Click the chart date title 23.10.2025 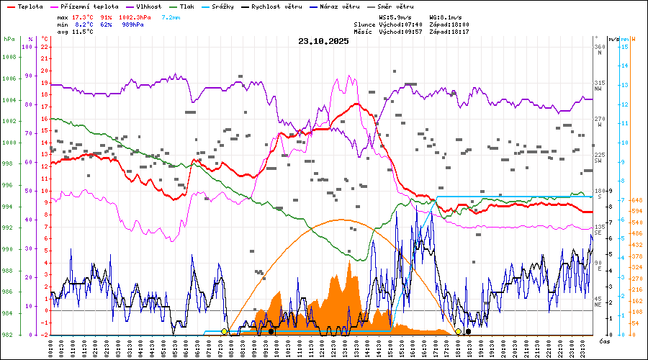323,41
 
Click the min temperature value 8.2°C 86,24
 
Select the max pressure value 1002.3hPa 140,17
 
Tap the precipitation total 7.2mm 171,17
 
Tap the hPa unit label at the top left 9,39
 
